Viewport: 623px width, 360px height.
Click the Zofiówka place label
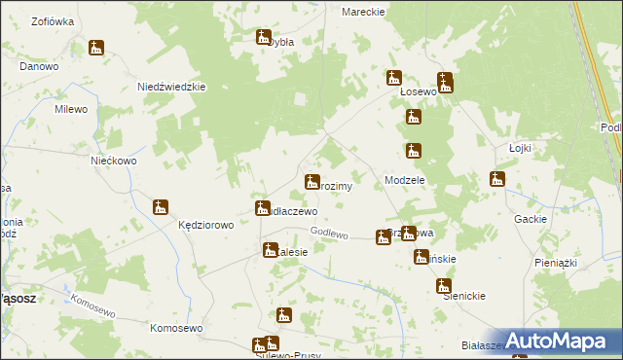pyautogui.click(x=54, y=20)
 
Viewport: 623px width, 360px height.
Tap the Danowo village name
pyautogui.click(x=39, y=66)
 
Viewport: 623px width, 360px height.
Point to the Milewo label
pyautogui.click(x=71, y=109)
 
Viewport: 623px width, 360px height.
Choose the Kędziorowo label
pyautogui.click(x=205, y=225)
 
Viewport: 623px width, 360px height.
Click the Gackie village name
pyautogui.click(x=531, y=219)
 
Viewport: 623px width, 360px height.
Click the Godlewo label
pyautogui.click(x=329, y=232)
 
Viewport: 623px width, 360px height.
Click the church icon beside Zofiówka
pyautogui.click(x=95, y=48)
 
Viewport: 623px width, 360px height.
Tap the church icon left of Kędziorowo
pyautogui.click(x=162, y=206)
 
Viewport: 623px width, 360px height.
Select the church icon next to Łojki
pyautogui.click(x=497, y=179)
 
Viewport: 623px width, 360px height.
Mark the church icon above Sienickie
pyautogui.click(x=444, y=286)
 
